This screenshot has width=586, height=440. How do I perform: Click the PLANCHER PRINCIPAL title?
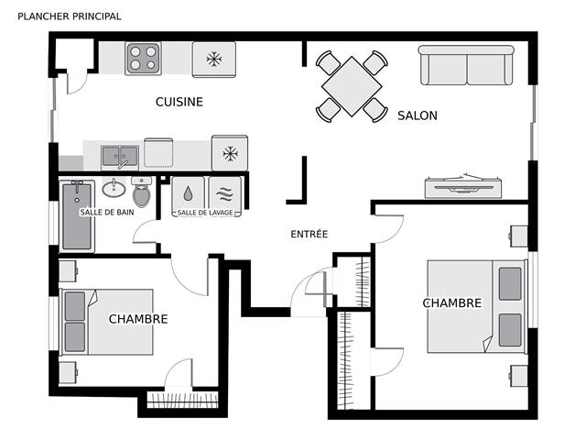70,16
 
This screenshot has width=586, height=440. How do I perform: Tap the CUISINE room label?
179,102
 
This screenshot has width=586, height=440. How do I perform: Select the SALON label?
418,115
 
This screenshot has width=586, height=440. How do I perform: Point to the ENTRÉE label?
309,234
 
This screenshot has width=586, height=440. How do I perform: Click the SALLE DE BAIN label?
107,212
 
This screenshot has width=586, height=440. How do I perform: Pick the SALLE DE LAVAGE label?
205,213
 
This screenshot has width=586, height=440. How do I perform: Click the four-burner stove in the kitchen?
143,59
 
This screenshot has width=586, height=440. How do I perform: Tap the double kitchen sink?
120,157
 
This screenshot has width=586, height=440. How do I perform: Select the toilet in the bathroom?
142,192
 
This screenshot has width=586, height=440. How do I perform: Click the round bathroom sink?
114,188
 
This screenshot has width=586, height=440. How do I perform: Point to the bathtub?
77,216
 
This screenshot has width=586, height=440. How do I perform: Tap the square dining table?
352,86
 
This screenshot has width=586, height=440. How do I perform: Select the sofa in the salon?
466,65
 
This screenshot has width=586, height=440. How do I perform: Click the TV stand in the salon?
463,186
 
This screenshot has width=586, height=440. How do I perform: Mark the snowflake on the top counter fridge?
214,59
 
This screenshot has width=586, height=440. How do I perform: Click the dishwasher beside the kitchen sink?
158,152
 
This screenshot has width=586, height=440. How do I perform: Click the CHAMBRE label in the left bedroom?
138,319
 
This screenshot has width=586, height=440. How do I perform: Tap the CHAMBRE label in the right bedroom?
452,303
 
